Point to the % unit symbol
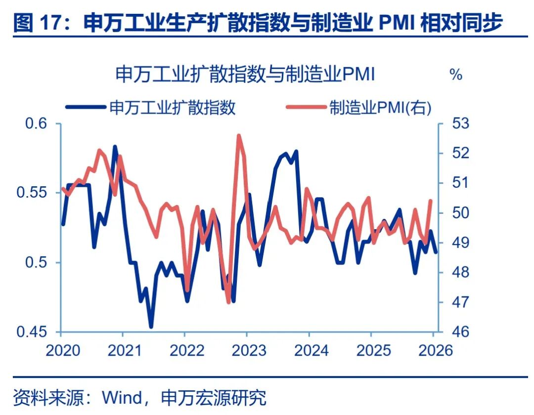[455, 75]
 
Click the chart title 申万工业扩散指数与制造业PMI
[245, 75]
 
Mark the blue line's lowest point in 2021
[151, 326]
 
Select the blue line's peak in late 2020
[115, 147]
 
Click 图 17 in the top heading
[38, 23]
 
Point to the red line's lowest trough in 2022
[228, 302]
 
